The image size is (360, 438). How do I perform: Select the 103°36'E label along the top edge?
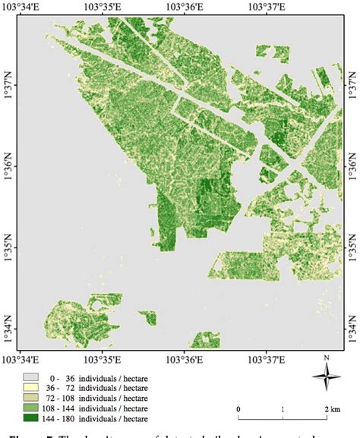click(186, 8)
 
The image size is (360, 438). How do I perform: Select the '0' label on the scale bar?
click(239, 409)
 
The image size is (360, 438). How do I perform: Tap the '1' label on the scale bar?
click(283, 409)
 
